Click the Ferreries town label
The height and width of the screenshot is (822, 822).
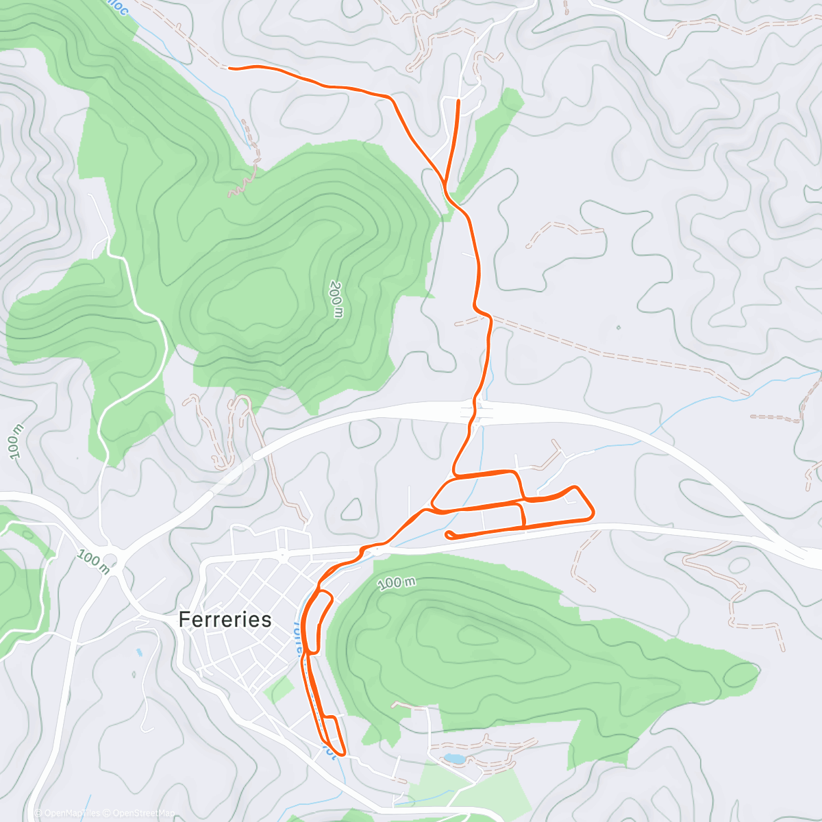pyautogui.click(x=225, y=619)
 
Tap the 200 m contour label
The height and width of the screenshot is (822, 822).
pyautogui.click(x=336, y=299)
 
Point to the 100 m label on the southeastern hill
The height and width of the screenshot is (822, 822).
pyautogui.click(x=397, y=583)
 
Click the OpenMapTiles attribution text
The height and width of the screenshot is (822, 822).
pyautogui.click(x=68, y=813)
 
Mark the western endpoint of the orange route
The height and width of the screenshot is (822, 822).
pyautogui.click(x=229, y=68)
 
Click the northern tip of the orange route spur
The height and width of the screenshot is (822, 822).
pyautogui.click(x=458, y=101)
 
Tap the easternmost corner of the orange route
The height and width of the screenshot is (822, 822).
pyautogui.click(x=593, y=512)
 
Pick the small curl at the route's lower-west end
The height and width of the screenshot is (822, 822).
pyautogui.click(x=449, y=534)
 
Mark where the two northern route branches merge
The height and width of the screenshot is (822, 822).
pyautogui.click(x=445, y=186)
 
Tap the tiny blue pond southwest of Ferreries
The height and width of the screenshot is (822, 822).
pyautogui.click(x=139, y=652)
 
